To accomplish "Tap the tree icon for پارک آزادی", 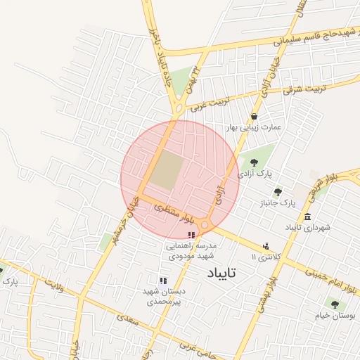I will (x=254, y=162).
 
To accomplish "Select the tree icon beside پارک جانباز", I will (x=278, y=192).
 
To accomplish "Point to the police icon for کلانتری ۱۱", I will (x=265, y=246).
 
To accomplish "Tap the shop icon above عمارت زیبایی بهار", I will (x=253, y=117).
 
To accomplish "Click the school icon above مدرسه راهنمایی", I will (x=191, y=234).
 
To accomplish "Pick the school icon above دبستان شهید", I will (x=163, y=281).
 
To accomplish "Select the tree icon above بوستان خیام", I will (x=334, y=304).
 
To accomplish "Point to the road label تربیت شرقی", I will (x=303, y=88).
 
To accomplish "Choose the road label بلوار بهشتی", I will (x=271, y=289).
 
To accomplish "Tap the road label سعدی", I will (x=126, y=321).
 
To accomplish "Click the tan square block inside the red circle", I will (x=166, y=172).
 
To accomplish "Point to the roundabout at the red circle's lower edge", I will (x=205, y=225).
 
